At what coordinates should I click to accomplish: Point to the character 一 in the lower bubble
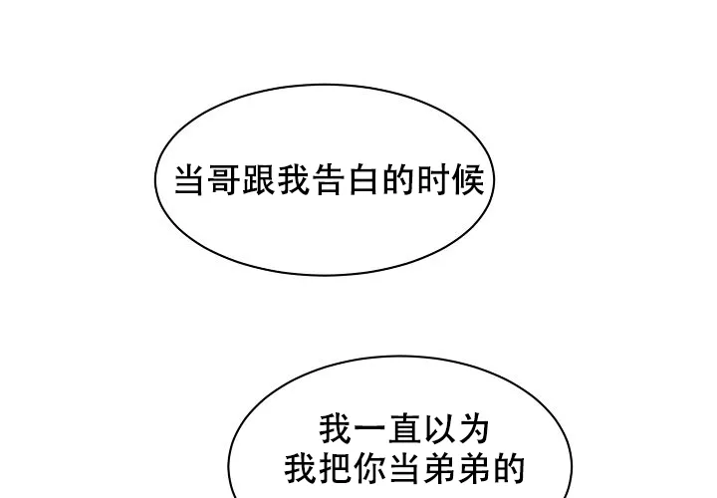pos(370,429)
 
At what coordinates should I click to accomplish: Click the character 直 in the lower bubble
pos(405,429)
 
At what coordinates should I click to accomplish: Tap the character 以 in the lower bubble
pos(439,429)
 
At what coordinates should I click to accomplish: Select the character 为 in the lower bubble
pos(474,429)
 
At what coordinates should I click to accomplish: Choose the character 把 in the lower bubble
pos(337,468)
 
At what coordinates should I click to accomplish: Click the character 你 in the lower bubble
pos(370,468)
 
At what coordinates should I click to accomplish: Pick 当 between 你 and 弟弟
pos(405,468)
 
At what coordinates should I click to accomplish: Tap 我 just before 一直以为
pos(337,429)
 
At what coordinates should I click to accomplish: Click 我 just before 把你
pos(302,468)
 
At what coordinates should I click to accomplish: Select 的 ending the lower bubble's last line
pos(509,468)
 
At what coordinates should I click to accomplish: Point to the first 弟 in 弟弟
pos(439,468)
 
